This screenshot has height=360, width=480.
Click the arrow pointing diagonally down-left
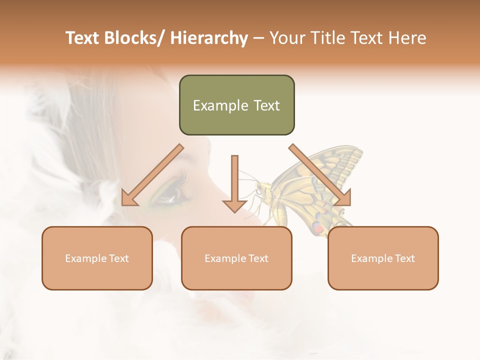click(152, 175)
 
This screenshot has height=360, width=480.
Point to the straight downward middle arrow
click(234, 182)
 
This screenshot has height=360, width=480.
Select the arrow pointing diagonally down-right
click(320, 175)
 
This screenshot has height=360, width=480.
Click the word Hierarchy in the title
click(209, 38)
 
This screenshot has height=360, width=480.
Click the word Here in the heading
click(406, 38)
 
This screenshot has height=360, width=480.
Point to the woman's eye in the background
click(170, 195)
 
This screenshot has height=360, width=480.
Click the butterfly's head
click(260, 189)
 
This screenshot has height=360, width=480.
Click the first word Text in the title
click(84, 38)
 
